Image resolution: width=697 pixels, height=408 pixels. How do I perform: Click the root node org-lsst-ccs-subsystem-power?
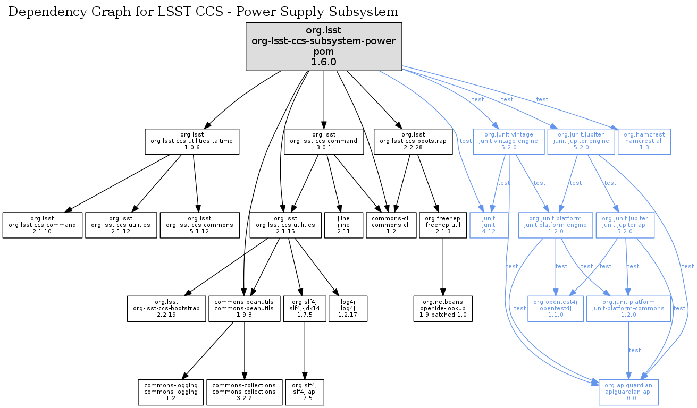click(x=323, y=47)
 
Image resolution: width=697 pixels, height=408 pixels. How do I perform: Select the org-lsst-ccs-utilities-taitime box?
click(x=192, y=141)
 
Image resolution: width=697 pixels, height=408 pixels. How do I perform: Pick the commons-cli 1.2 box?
click(x=391, y=225)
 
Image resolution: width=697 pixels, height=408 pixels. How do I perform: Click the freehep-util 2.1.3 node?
click(x=442, y=225)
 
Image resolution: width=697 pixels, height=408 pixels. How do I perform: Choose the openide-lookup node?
click(x=442, y=309)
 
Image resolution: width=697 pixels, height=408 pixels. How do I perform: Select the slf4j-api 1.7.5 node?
click(x=304, y=392)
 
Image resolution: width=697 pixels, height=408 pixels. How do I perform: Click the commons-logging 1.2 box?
click(x=171, y=392)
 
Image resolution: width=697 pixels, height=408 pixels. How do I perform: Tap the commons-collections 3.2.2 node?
click(x=244, y=392)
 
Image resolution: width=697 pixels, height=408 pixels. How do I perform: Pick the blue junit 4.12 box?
click(x=489, y=225)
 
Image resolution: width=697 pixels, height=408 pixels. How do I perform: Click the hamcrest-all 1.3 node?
click(x=644, y=141)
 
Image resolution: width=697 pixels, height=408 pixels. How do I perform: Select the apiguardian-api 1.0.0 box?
click(x=628, y=392)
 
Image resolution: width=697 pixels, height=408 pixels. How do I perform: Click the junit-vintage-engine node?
click(x=509, y=141)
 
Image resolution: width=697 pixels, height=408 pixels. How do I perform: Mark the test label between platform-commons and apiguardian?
click(x=635, y=350)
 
